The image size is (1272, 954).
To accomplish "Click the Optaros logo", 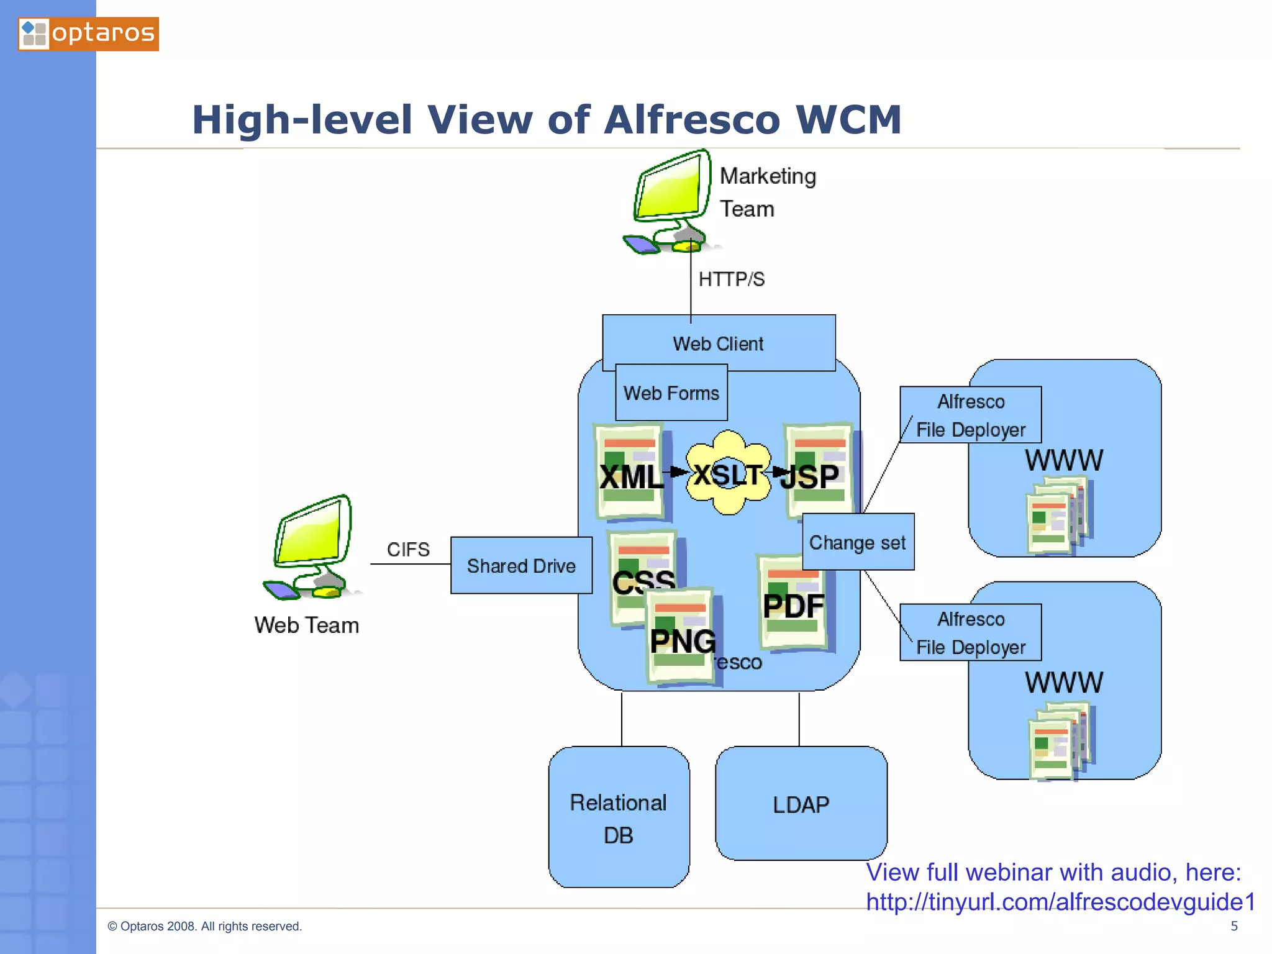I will point(88,34).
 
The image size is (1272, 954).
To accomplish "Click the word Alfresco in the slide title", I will point(691,119).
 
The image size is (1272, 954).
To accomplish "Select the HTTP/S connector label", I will point(731,279).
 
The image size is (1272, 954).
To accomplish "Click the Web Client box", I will point(719,343).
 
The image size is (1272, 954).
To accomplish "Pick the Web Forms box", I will point(671,393).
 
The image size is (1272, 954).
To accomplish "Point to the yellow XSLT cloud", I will point(728,473).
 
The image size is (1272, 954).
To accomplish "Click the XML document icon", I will point(629,472).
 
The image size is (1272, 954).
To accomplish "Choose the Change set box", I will point(858,542).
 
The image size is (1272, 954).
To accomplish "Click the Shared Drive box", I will point(521,565).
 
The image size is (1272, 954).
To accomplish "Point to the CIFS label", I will point(408,550).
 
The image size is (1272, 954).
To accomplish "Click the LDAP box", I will point(801,804).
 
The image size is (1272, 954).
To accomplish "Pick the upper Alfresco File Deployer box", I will point(970,415).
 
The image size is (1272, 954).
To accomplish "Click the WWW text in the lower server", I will point(1064,682).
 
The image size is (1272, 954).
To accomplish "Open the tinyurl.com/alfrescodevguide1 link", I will point(1060,902).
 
